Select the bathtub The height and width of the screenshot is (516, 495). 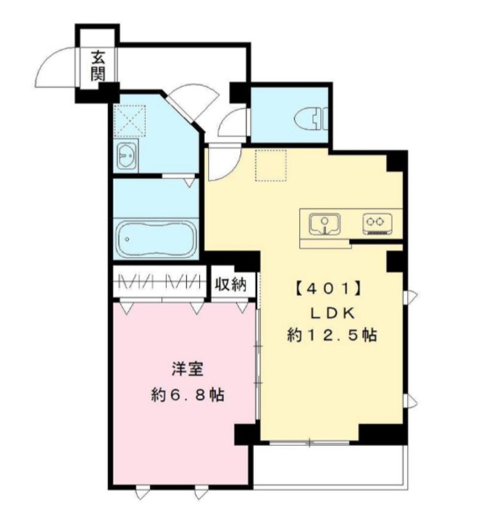155,237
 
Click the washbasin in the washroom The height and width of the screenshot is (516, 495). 127,158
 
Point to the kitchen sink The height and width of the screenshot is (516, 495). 324,222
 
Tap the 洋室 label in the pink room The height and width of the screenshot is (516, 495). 186,371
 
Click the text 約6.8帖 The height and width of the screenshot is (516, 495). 187,396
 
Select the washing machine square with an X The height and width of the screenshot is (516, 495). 128,121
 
